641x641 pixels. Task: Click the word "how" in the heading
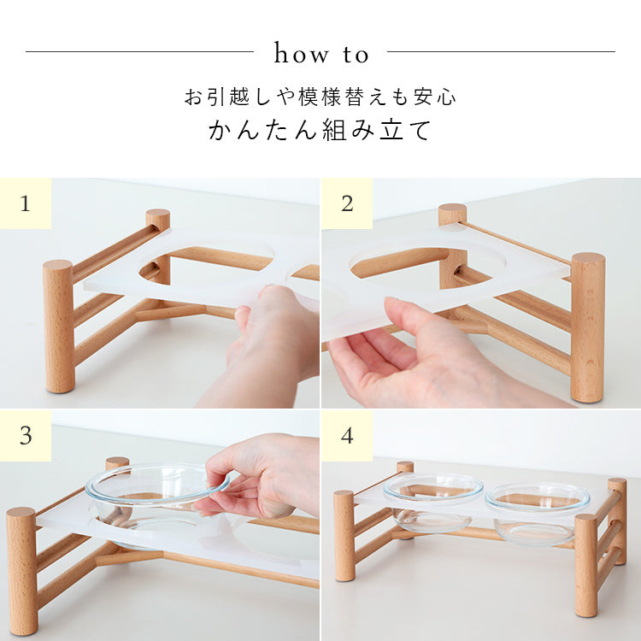tap(302, 54)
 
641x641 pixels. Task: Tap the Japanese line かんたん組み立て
tap(320, 130)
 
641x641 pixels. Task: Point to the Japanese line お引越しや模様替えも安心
tap(320, 97)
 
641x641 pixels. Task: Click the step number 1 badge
tap(26, 203)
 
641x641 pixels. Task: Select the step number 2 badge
tap(347, 203)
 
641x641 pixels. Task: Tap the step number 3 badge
tap(26, 436)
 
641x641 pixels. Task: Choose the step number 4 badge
tap(347, 436)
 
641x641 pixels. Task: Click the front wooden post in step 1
tap(59, 326)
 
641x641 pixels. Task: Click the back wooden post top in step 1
tap(158, 215)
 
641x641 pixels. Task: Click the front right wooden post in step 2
tap(587, 327)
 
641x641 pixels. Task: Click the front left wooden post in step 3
tap(21, 570)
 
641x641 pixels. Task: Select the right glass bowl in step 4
tap(538, 513)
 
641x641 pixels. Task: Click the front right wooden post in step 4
tap(586, 566)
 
